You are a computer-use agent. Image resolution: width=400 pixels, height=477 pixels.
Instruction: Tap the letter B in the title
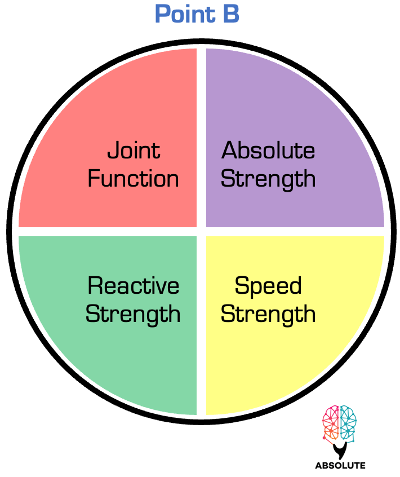tap(229, 14)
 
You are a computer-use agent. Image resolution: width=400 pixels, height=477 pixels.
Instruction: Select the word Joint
tap(134, 151)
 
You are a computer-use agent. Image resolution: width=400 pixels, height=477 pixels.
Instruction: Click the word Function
tap(134, 179)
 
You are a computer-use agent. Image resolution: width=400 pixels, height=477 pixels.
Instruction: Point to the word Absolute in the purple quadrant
tap(268, 151)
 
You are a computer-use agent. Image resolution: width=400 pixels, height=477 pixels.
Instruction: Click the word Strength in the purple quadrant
tap(268, 179)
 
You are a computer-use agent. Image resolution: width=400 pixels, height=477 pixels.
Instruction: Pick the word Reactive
tap(134, 286)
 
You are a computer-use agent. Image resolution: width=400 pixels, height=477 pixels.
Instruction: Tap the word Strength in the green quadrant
tap(133, 314)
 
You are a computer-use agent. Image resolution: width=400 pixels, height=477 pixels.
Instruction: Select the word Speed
tap(268, 286)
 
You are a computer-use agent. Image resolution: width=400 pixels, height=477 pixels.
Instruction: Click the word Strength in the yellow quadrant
tap(268, 314)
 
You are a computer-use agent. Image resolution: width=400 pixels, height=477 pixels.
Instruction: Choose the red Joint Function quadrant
tap(85, 113)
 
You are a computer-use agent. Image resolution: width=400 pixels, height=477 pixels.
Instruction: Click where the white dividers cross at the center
tap(201, 232)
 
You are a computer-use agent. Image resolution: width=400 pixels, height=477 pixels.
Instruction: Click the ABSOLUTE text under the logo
tap(340, 466)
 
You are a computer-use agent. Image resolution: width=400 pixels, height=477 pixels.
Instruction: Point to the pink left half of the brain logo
tap(331, 423)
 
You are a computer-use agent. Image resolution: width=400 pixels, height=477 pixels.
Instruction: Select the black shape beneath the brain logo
tap(340, 450)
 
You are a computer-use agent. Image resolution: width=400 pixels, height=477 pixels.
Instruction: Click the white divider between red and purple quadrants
tap(201, 135)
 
